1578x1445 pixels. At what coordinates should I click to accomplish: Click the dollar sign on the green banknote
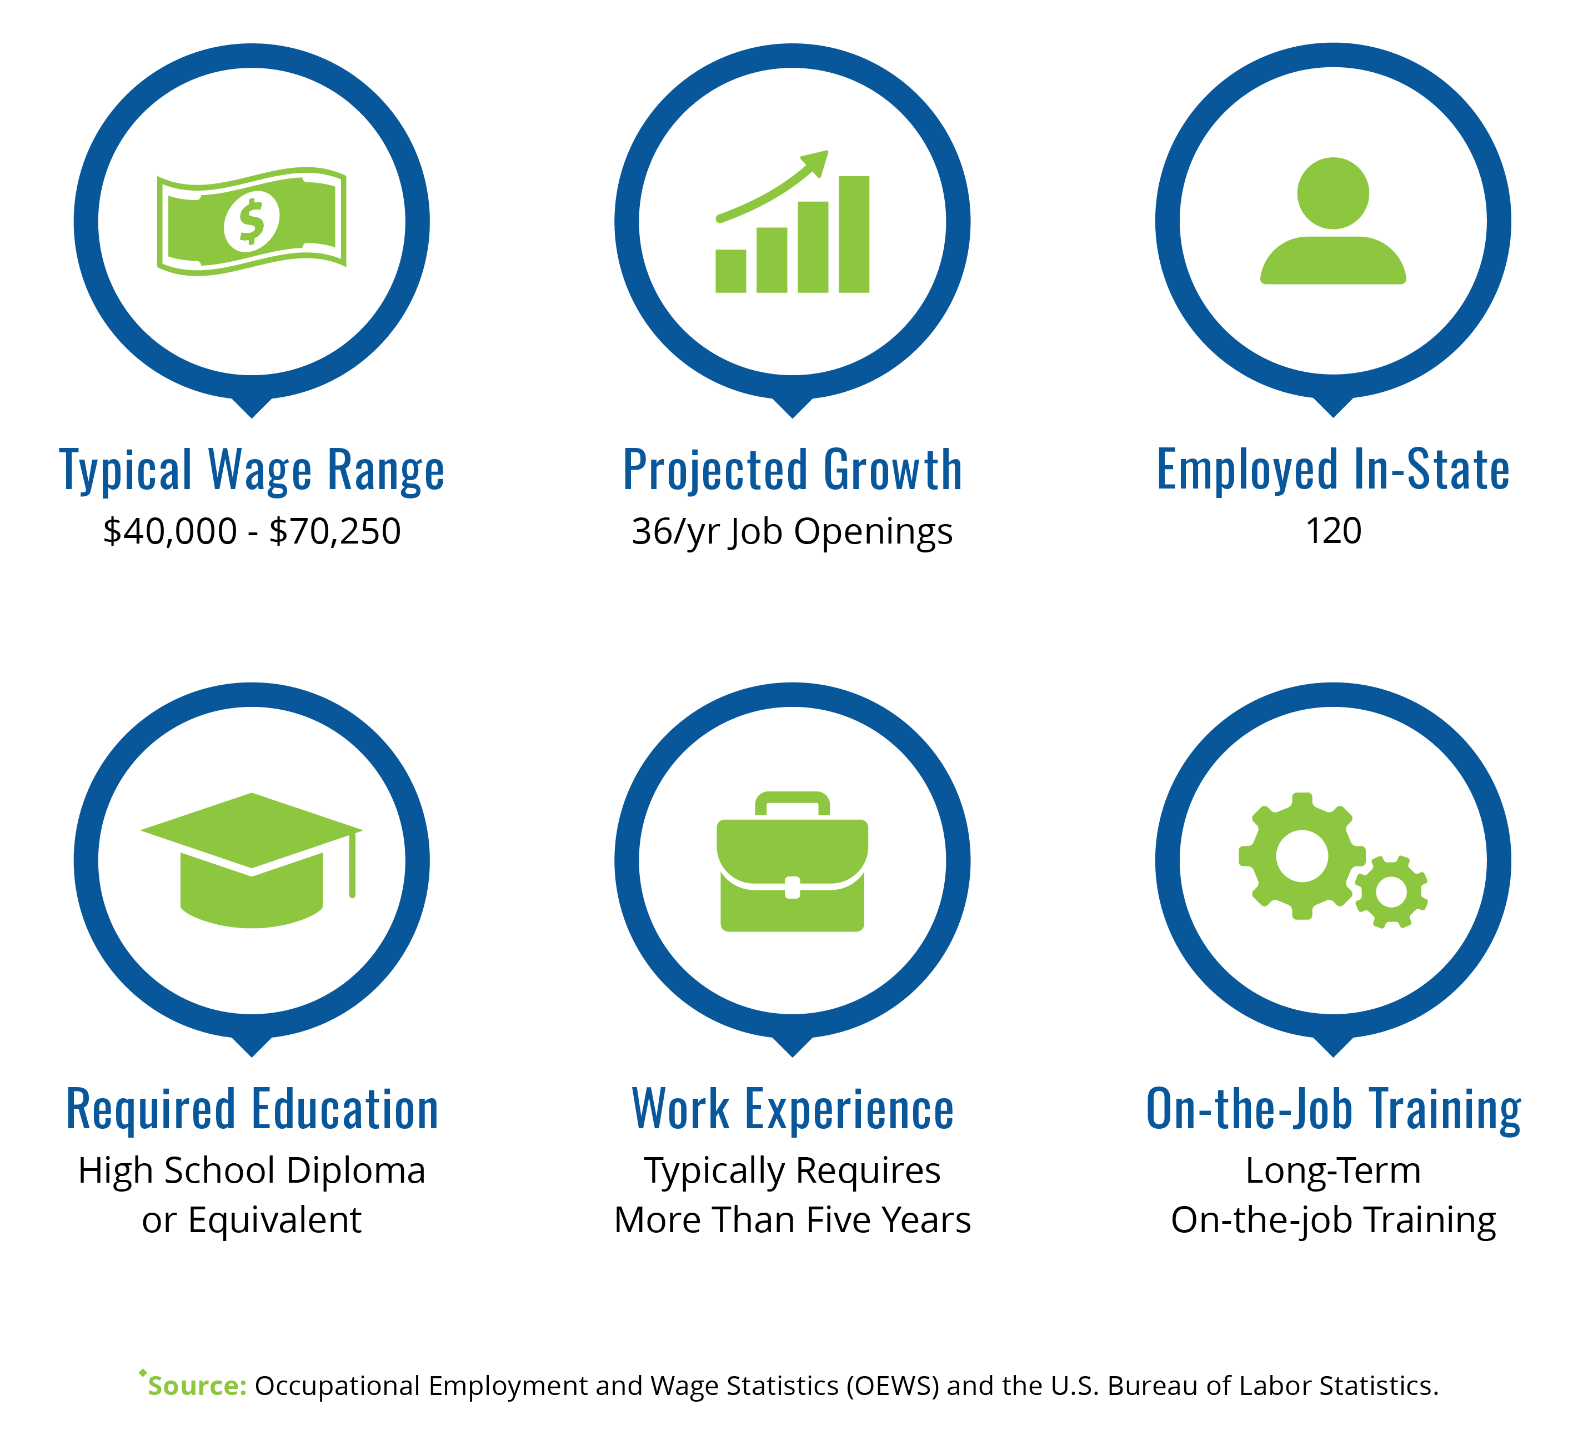251,222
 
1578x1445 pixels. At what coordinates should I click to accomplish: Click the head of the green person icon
1333,193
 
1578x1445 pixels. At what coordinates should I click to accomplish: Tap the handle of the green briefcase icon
792,804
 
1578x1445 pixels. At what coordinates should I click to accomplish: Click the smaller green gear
1391,892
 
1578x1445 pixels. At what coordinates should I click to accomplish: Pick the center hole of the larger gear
1302,856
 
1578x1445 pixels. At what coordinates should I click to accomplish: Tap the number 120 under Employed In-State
1333,531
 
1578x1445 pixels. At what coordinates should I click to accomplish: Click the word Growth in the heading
893,470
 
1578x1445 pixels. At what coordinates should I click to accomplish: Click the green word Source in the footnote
197,1386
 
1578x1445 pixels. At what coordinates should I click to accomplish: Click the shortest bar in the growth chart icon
730,271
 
